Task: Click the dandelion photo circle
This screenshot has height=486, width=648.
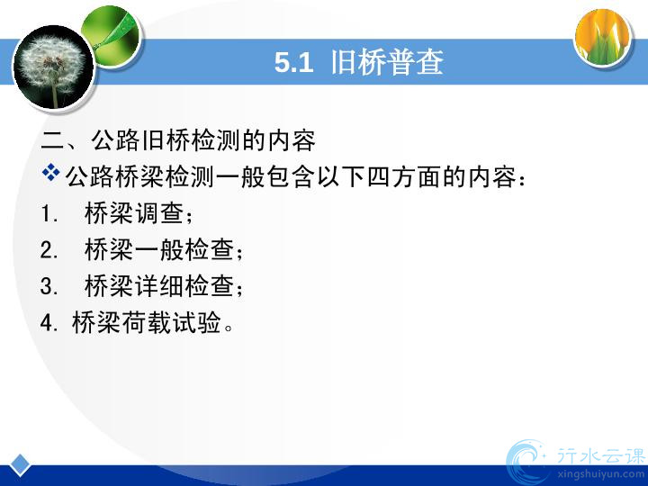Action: tap(53, 67)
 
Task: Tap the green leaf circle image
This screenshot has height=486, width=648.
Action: tap(112, 36)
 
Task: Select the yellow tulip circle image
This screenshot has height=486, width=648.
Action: tap(604, 37)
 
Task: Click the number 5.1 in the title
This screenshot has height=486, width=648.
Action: tap(293, 63)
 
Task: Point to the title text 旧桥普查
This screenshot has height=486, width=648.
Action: tap(387, 62)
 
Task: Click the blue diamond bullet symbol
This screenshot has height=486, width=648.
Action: tap(50, 172)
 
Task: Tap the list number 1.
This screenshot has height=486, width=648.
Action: tap(49, 214)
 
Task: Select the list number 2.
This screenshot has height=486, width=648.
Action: tap(49, 250)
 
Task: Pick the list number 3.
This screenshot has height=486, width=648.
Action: tap(49, 286)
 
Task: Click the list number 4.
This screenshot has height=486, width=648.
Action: tap(49, 322)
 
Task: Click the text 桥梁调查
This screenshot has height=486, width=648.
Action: tap(134, 213)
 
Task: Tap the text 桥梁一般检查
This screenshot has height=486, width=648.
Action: tap(159, 249)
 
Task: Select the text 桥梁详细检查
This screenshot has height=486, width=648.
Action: tap(159, 286)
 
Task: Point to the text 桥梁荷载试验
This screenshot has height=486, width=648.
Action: tap(147, 322)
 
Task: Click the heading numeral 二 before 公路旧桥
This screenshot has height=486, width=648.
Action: tap(52, 141)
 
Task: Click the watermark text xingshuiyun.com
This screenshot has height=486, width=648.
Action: tap(600, 474)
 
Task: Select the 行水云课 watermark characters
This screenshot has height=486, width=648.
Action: tap(600, 455)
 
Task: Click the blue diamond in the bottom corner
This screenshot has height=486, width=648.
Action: tap(20, 465)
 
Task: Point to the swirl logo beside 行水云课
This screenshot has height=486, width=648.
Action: tap(526, 462)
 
